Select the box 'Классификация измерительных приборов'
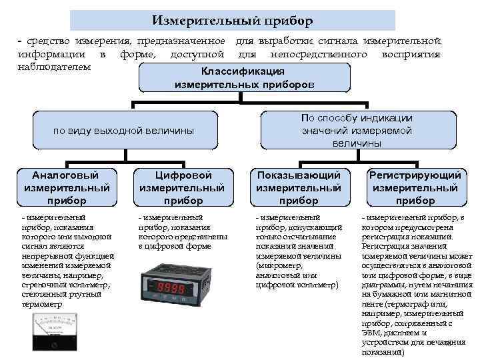coord(244,78)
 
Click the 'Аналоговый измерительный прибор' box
coord(66,187)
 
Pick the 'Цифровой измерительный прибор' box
coord(183,187)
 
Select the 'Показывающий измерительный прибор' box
coord(299,187)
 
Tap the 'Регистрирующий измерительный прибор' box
coord(415,187)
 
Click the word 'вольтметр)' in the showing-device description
coord(316,285)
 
